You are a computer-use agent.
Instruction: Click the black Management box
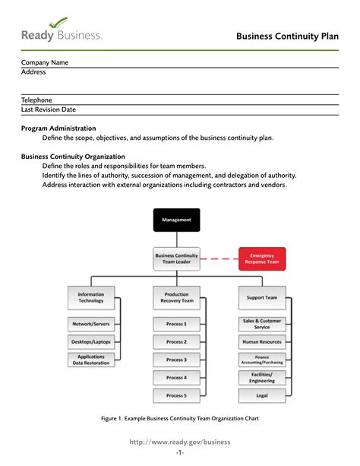click(176, 220)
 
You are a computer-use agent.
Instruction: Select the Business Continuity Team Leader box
click(176, 259)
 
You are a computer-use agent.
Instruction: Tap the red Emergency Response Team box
click(262, 259)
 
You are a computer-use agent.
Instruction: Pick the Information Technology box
click(91, 297)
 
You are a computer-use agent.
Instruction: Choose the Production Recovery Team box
click(176, 297)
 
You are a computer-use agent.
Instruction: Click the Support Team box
click(262, 297)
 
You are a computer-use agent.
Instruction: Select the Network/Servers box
click(91, 324)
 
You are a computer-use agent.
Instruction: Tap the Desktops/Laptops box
click(91, 341)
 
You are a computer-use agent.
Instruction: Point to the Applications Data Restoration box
click(91, 360)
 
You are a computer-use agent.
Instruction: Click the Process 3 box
click(176, 360)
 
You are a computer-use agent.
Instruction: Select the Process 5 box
click(176, 395)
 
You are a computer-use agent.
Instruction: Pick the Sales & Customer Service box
click(262, 324)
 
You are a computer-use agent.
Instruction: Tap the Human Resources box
click(262, 341)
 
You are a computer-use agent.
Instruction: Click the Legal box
click(262, 395)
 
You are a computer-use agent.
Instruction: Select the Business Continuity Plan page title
click(286, 36)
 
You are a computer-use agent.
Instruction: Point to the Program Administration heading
click(58, 128)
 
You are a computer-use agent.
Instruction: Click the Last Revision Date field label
click(48, 109)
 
